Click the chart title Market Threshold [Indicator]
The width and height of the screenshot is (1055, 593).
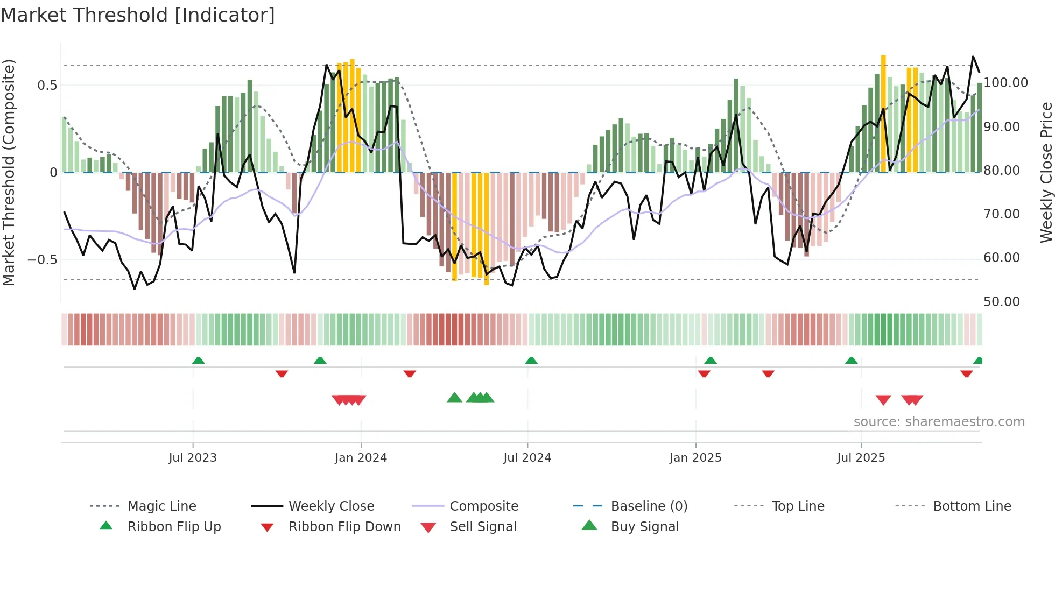click(138, 15)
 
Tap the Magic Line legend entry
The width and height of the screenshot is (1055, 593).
click(161, 506)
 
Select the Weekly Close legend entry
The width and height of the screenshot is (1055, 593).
click(331, 506)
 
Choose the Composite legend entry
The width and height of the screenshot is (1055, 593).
click(483, 506)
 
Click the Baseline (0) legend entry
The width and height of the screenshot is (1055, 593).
click(649, 506)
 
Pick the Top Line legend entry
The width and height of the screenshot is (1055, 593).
click(798, 506)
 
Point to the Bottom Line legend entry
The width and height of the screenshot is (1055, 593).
click(972, 506)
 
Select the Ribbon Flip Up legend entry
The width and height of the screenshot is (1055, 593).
click(174, 527)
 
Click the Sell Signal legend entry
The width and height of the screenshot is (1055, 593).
click(483, 527)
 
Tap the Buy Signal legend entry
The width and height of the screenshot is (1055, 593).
click(644, 527)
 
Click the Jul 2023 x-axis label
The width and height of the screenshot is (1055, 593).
click(193, 458)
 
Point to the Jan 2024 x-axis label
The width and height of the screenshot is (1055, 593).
click(361, 458)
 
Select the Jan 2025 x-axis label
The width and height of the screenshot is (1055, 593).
click(695, 458)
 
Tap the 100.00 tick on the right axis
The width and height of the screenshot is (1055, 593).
click(1005, 83)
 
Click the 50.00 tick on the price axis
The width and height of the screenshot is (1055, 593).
click(1002, 302)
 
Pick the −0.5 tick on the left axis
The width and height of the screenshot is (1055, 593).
click(42, 260)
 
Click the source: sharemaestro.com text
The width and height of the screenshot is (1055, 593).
click(939, 422)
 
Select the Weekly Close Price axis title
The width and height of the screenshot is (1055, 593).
click(1046, 172)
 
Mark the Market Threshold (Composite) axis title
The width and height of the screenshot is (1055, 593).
click(9, 172)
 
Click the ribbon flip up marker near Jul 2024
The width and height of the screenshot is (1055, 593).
click(531, 361)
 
